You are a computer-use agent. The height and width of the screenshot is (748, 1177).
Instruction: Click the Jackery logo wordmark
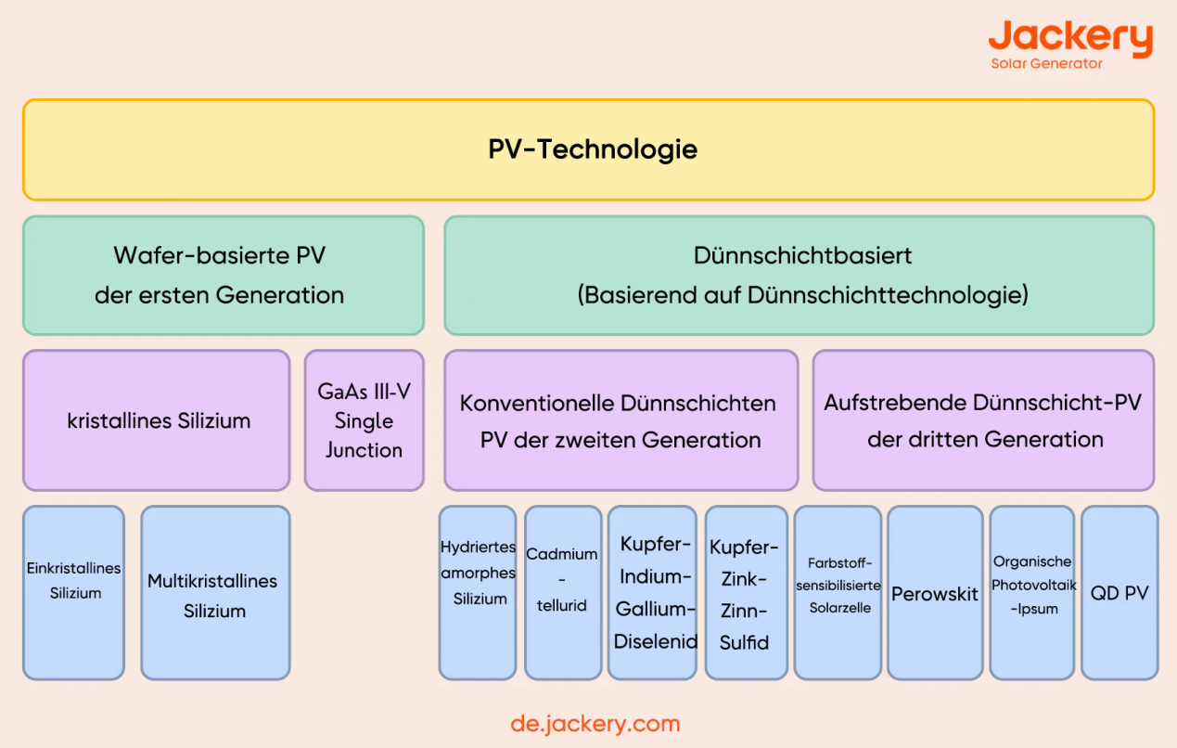click(1069, 37)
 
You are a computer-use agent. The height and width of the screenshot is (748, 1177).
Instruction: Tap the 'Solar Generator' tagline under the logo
click(1046, 64)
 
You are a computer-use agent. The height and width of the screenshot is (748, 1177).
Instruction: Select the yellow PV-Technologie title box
click(588, 149)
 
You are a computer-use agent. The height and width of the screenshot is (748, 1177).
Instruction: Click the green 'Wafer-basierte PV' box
click(223, 275)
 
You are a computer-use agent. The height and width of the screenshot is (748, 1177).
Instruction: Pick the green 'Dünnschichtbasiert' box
click(799, 275)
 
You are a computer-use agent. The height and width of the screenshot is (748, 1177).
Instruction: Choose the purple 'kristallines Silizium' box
click(156, 419)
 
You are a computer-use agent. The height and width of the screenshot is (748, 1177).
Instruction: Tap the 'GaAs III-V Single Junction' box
click(364, 419)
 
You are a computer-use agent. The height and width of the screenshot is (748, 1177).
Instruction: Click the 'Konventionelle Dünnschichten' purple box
click(620, 419)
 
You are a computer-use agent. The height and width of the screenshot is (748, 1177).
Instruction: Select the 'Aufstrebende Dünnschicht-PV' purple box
click(983, 419)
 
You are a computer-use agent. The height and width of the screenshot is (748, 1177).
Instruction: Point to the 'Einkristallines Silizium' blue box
click(73, 591)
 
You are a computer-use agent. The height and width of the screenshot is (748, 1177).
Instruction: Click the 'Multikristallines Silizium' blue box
click(215, 591)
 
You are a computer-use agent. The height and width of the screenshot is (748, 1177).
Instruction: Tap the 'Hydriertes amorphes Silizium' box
click(478, 591)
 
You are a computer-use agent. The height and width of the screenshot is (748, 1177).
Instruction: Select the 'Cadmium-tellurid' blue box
click(563, 591)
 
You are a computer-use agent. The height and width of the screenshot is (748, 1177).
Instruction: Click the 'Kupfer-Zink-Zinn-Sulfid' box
click(745, 591)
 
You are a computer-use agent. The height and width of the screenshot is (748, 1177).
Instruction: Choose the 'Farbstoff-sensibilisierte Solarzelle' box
click(838, 591)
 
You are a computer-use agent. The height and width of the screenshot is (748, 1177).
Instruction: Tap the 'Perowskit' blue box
click(934, 591)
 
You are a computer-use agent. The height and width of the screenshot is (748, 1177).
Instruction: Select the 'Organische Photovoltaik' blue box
click(1032, 591)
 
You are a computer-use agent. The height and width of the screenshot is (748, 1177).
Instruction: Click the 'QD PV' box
click(1119, 591)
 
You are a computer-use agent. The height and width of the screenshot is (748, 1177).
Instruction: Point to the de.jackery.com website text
click(595, 724)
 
